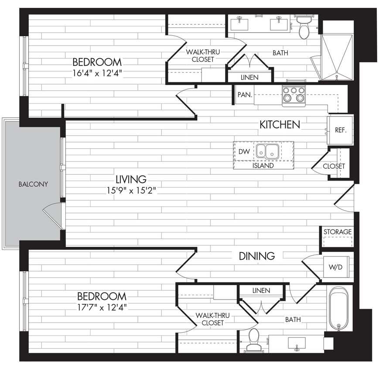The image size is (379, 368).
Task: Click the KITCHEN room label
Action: point(280,125)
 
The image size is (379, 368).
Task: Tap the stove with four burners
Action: point(294,95)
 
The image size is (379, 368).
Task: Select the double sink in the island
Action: point(267,151)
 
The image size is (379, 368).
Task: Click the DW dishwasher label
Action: point(244,151)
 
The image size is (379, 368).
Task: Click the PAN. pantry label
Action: point(243,95)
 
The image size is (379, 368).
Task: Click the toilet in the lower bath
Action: point(253,339)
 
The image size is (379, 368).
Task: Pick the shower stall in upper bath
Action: point(336,57)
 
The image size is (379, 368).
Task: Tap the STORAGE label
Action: point(338,232)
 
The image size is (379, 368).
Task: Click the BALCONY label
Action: point(33,184)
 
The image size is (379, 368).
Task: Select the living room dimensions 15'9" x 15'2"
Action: point(131,190)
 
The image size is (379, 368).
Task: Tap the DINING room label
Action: point(256,256)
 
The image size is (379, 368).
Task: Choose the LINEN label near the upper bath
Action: point(249,77)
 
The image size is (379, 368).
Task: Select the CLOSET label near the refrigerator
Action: point(334,166)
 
